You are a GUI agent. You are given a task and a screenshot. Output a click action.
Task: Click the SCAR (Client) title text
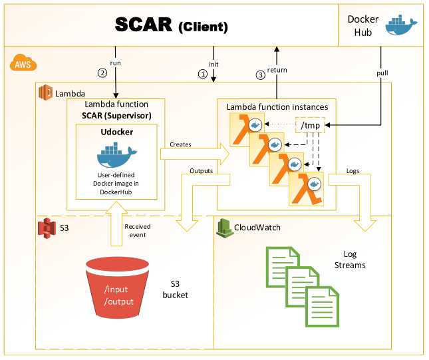[x=172, y=25]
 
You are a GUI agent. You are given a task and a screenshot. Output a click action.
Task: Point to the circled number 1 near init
[x=203, y=74]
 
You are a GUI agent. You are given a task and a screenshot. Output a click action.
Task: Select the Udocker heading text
[x=117, y=132]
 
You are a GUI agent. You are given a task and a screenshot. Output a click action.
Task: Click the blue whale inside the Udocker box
[x=116, y=157]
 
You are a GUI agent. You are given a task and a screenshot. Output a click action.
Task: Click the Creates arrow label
[x=181, y=143]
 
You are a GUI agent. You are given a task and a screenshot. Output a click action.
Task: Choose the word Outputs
[x=202, y=170]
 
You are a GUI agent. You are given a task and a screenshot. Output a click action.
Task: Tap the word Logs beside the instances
[x=354, y=170]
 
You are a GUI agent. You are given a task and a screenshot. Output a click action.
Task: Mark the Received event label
[x=138, y=230]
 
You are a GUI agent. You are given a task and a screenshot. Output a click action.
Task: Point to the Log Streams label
[x=354, y=260]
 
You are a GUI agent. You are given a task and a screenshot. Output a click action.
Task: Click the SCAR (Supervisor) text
[x=116, y=114]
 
